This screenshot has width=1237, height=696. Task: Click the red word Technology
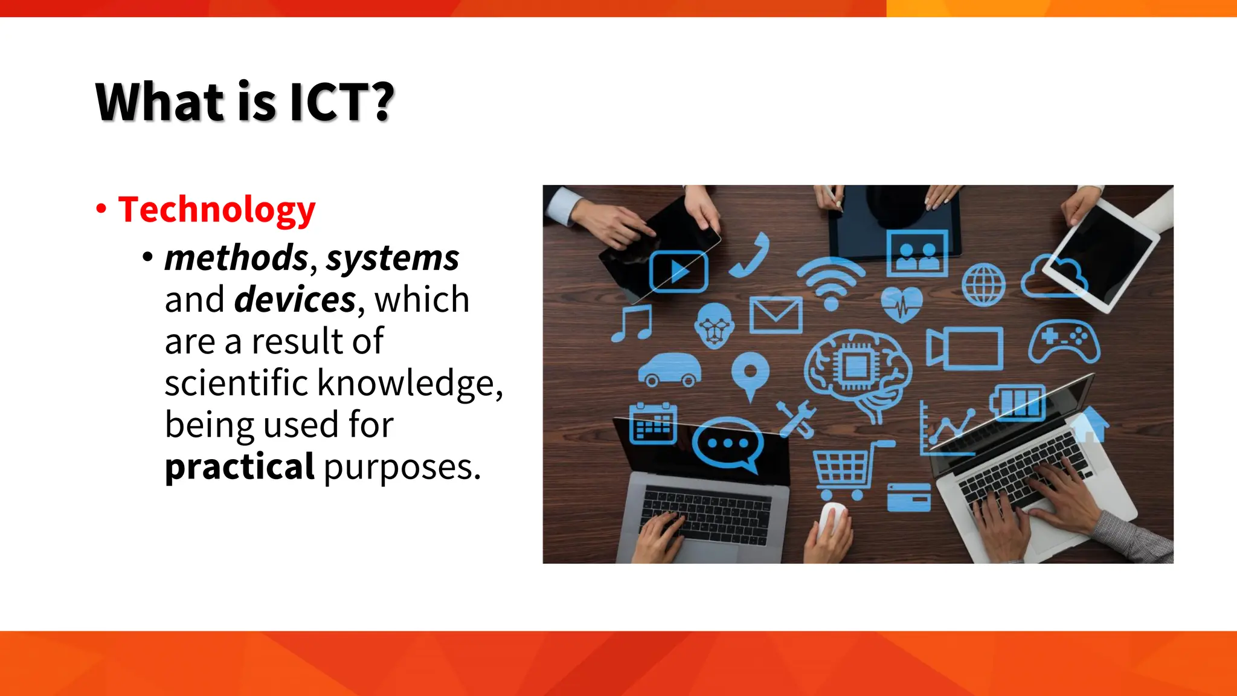coord(216,210)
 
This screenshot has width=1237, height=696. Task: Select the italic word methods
coord(236,258)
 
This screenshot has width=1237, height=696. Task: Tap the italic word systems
coord(393,258)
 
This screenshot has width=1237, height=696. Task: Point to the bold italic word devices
coord(295,300)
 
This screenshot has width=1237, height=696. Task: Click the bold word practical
coord(239,466)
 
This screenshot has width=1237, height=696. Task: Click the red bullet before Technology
coord(101,209)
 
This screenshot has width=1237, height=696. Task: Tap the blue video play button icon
coord(678,271)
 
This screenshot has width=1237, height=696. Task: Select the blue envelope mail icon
coord(776,315)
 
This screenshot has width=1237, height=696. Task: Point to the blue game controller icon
coord(1064,341)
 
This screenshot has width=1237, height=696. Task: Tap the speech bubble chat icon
coord(728,445)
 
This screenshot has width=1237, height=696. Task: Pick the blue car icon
coord(670,369)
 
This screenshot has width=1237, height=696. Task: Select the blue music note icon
coord(632,323)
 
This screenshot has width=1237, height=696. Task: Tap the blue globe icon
coord(983,285)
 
